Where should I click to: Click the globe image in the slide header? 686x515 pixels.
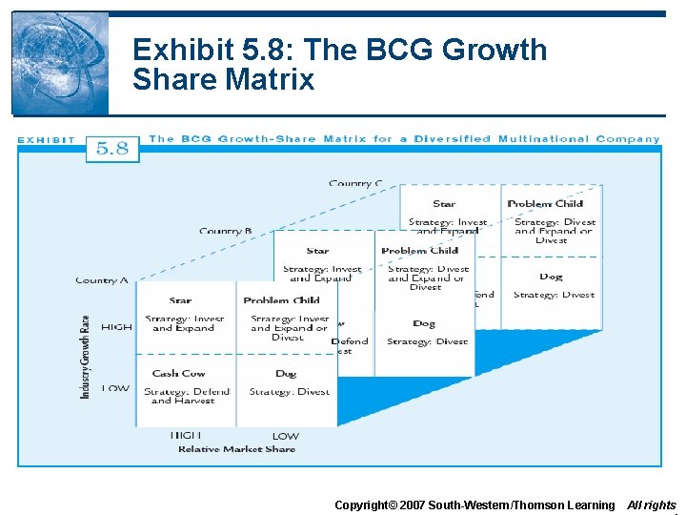[x=60, y=63]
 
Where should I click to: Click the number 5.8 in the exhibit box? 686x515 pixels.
[x=112, y=149]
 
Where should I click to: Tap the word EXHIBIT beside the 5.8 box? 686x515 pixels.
[x=46, y=140]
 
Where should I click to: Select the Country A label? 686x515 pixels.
[x=102, y=280]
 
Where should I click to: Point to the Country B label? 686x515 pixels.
[x=226, y=231]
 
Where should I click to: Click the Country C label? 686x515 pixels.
[x=355, y=183]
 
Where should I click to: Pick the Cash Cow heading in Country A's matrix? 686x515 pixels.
[x=179, y=374]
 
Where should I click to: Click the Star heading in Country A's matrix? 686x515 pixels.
[x=180, y=300]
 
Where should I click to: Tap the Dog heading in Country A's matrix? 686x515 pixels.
[x=286, y=374]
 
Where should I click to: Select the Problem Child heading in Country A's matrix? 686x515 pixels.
[x=281, y=300]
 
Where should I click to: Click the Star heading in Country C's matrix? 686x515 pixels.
[x=444, y=203]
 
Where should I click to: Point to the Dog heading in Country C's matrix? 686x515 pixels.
[x=551, y=277]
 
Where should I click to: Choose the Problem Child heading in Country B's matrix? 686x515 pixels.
[x=419, y=251]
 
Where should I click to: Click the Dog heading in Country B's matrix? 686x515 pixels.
[x=424, y=324]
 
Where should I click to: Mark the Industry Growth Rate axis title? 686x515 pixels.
[x=86, y=356]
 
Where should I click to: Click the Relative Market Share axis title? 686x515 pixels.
[x=237, y=449]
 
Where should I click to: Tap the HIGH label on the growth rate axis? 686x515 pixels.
[x=116, y=327]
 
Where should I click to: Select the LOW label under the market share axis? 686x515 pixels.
[x=286, y=437]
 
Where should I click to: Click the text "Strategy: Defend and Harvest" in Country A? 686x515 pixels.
[x=187, y=396]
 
